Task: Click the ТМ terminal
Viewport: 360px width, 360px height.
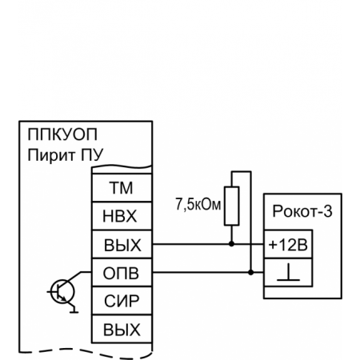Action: [x=120, y=189]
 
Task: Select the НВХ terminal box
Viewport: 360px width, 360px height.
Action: [x=120, y=217]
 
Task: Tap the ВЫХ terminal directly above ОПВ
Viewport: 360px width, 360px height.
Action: [x=120, y=244]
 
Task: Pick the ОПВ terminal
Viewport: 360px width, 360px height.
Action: [x=120, y=272]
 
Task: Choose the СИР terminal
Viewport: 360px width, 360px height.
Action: [x=120, y=300]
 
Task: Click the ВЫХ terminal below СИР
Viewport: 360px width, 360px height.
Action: [x=120, y=328]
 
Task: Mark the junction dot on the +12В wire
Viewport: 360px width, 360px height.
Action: [x=231, y=244]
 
